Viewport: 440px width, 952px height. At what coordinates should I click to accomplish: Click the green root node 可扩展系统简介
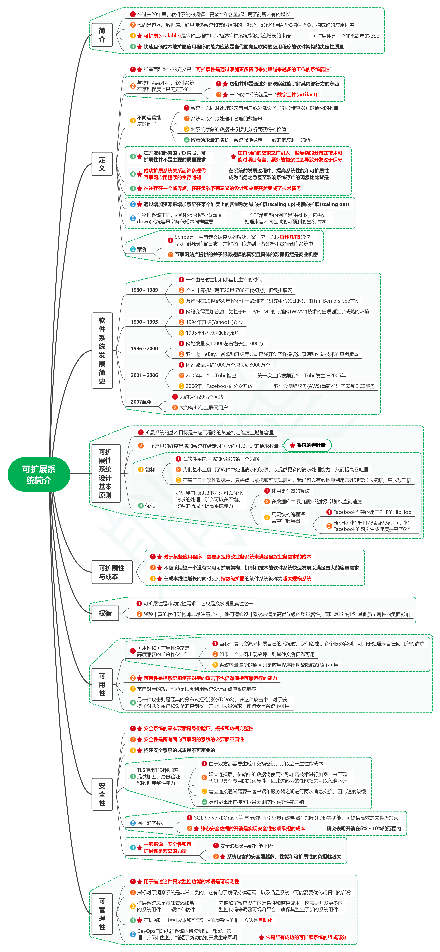point(39,474)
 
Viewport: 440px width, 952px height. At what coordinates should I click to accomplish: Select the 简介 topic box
point(102,35)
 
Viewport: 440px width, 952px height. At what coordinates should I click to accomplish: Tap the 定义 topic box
point(102,164)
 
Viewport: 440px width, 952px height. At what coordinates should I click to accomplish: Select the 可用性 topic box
point(102,684)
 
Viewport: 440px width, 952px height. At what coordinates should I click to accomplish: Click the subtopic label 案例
point(142,249)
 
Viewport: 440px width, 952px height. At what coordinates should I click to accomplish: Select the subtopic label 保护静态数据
point(151,823)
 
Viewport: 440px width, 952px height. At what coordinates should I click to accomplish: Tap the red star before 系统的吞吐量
point(292,445)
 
